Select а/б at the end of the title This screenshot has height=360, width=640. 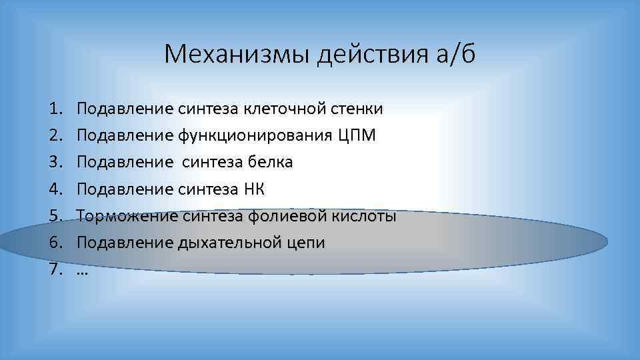coord(455,53)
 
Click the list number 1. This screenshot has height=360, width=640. coord(53,109)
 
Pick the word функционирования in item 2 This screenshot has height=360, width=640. coord(255,136)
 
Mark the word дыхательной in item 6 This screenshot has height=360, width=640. coord(225,243)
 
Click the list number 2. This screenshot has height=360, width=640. coord(53,136)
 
